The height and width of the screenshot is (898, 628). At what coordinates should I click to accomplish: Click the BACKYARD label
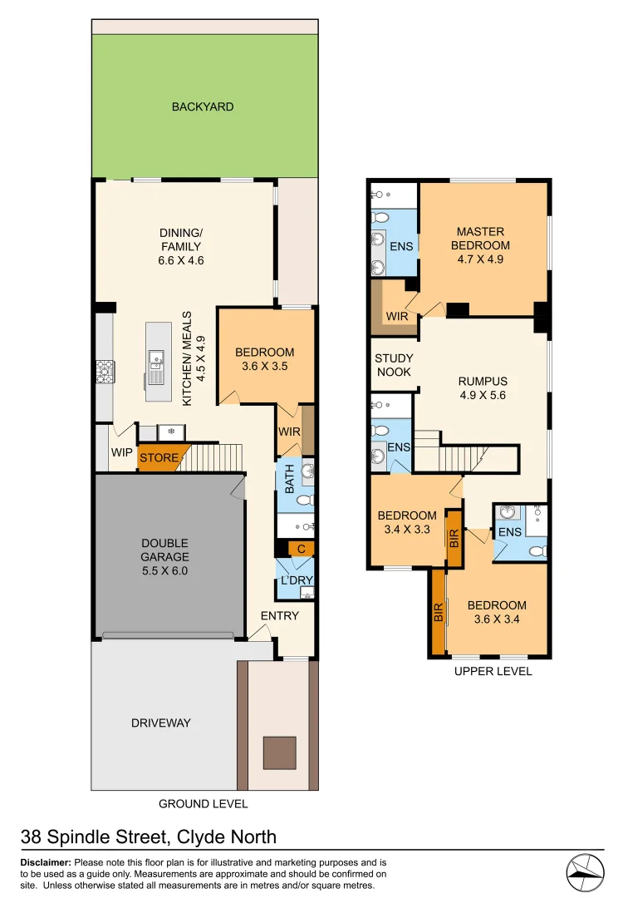click(x=203, y=106)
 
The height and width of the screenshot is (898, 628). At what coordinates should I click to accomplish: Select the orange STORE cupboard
click(x=159, y=457)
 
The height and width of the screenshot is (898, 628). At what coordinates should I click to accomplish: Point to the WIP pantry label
click(x=122, y=454)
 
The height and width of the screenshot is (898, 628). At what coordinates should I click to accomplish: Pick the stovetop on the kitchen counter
click(x=105, y=371)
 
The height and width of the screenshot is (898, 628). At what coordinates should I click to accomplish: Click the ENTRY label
click(x=279, y=615)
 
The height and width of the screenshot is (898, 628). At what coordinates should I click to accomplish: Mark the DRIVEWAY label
click(x=160, y=723)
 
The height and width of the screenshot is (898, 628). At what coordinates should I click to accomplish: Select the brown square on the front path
click(x=279, y=752)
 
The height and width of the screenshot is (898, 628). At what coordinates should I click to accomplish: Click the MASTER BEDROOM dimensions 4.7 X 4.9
click(x=480, y=259)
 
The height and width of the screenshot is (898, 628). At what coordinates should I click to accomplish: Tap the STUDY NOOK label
click(x=394, y=365)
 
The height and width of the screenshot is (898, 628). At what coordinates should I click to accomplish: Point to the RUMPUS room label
click(x=483, y=382)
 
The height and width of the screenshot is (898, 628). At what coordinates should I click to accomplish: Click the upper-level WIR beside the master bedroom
click(x=397, y=316)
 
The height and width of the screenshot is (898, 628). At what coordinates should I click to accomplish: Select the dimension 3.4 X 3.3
click(x=406, y=529)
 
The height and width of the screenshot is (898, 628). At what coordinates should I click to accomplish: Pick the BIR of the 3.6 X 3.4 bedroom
click(x=438, y=613)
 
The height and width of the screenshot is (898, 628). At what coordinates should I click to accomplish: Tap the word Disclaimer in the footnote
click(x=46, y=863)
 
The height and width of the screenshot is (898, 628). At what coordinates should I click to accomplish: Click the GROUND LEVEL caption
click(x=203, y=804)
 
